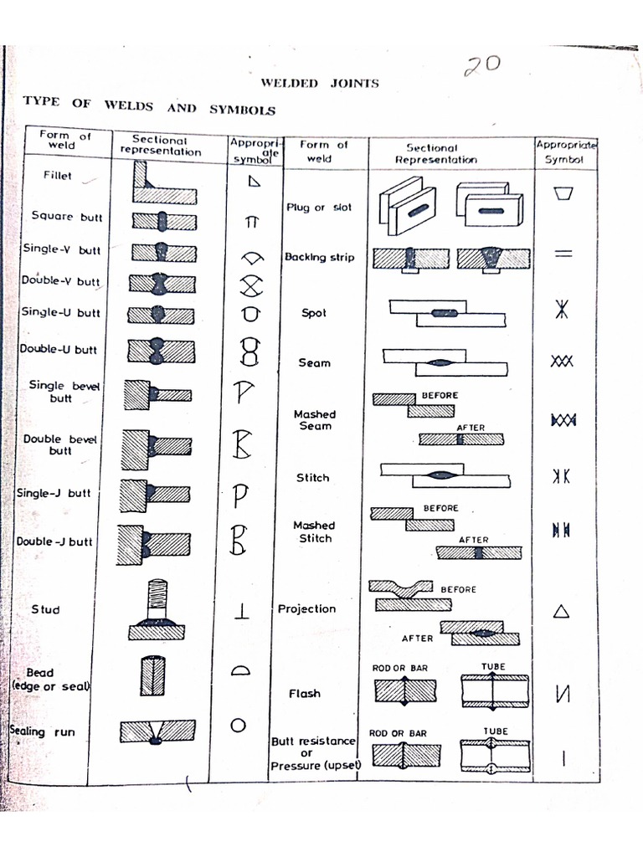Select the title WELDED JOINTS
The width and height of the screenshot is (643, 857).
pyautogui.click(x=319, y=83)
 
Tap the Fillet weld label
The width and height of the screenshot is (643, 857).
pyautogui.click(x=58, y=176)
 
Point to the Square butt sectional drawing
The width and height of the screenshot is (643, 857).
pyautogui.click(x=162, y=222)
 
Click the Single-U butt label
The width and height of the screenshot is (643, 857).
pyautogui.click(x=59, y=312)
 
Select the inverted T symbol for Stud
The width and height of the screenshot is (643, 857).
pyautogui.click(x=242, y=611)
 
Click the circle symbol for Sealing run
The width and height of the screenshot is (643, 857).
pyautogui.click(x=239, y=725)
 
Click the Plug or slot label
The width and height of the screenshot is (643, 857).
pyautogui.click(x=319, y=208)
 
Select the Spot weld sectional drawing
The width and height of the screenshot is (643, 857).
pyautogui.click(x=446, y=314)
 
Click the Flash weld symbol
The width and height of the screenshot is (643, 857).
pyautogui.click(x=563, y=694)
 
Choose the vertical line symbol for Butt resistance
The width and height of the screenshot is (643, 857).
pyautogui.click(x=563, y=759)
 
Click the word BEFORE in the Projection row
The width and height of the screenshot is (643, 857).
pyautogui.click(x=458, y=589)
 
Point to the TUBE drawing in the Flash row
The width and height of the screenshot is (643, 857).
pyautogui.click(x=495, y=691)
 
